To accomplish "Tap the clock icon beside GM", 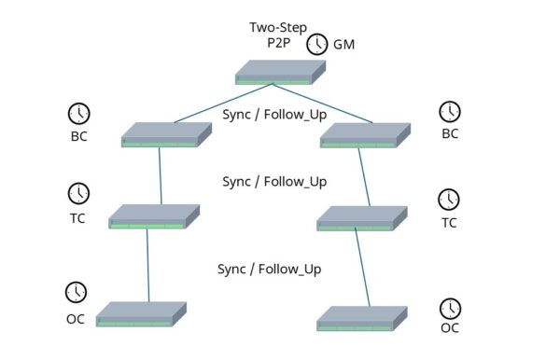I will coord(319,43).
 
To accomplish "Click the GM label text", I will coord(345,44).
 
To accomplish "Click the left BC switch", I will coord(161,134).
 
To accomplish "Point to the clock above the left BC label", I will coord(79,114).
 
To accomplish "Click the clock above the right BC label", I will coord(450,111).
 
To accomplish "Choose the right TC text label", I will coord(449,223).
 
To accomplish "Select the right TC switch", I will coord(360,218).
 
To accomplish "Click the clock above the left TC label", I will coord(79,193).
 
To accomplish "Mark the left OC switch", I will coord(140,314).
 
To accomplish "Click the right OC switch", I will coord(361,317).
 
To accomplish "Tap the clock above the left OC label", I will coord(77,291).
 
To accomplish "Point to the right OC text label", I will coord(450,327).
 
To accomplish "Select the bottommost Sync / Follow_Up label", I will coord(269,269).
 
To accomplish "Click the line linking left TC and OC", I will coord(147,266).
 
